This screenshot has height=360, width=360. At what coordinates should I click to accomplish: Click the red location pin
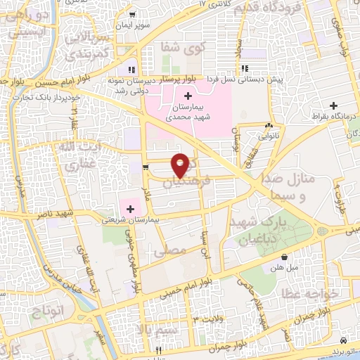point(181,165)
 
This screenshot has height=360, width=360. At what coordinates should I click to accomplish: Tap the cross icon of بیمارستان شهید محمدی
point(187,96)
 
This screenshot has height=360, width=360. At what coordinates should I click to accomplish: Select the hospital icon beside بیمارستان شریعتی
point(130,208)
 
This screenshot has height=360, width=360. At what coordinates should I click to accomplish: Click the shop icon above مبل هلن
point(283,257)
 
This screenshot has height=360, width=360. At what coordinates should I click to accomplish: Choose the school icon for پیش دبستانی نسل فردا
point(245,68)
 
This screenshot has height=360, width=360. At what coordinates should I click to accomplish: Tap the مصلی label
point(174,249)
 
